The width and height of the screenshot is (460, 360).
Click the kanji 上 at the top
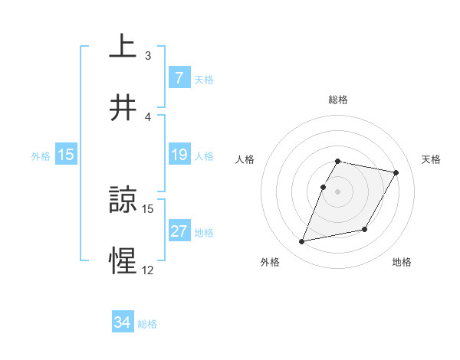[x=123, y=46]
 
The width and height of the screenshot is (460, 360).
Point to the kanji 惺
[x=123, y=261]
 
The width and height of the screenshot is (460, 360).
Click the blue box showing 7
[x=179, y=78]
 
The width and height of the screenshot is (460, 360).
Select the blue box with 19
[x=179, y=155]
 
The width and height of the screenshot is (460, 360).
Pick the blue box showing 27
[x=179, y=231]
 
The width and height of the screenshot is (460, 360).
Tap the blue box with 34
[x=123, y=322]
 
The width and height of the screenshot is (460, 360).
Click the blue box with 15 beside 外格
[x=66, y=155]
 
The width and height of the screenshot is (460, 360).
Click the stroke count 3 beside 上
[x=148, y=56]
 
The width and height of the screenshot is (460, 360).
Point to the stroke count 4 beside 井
[x=148, y=116]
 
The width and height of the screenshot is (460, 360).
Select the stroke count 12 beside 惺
[x=148, y=270]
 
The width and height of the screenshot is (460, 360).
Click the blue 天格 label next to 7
[x=204, y=79]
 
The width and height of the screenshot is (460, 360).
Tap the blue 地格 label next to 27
[x=204, y=232]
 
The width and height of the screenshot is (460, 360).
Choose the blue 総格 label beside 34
[x=147, y=323]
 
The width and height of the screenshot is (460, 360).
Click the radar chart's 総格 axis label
[x=337, y=100]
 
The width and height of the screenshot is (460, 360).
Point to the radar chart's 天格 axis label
[x=431, y=159]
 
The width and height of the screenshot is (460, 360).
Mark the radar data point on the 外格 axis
[x=302, y=242]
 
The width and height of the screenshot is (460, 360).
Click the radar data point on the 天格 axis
[x=396, y=173]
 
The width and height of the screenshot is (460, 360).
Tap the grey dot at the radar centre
[x=337, y=191]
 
